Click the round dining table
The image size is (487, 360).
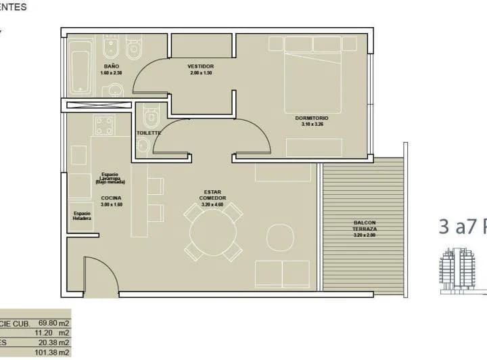[213, 232]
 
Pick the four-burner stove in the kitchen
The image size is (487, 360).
[104, 125]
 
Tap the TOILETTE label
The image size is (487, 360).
[149, 133]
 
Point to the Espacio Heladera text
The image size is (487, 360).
[82, 217]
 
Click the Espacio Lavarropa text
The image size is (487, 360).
[110, 178]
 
